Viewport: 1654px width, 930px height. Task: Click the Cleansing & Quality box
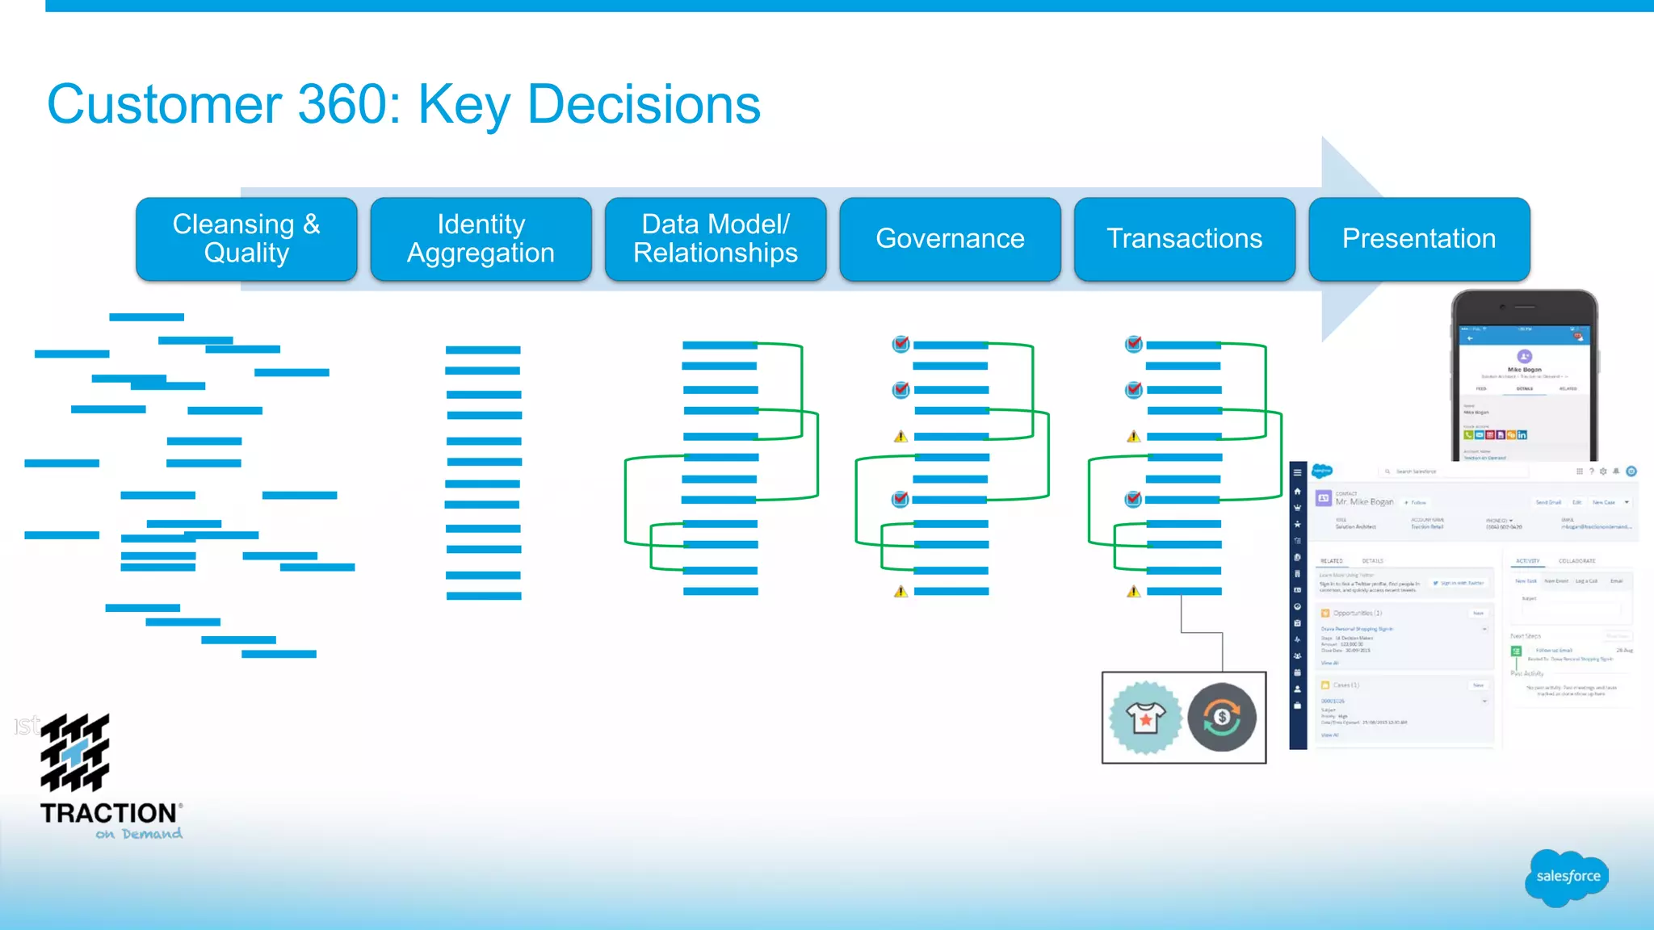coord(246,239)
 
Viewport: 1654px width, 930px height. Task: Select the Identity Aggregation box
coord(481,239)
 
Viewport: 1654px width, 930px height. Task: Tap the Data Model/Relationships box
coord(716,239)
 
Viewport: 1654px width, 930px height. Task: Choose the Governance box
coord(950,239)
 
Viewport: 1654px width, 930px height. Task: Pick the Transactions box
coord(1184,239)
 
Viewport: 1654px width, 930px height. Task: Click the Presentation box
coord(1419,239)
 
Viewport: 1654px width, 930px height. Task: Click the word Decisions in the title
coord(644,105)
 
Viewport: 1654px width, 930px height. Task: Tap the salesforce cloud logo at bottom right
coord(1567,877)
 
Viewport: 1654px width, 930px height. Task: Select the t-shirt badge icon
coord(1145,718)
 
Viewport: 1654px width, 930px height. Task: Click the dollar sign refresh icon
coord(1222,718)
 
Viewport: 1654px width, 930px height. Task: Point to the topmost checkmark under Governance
coord(900,345)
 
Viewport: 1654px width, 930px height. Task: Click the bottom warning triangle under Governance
coord(900,592)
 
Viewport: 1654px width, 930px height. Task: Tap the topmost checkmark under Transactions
coord(1134,345)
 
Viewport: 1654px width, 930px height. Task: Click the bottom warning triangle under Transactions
coord(1134,592)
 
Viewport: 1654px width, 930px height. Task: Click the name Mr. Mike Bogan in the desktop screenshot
coord(1364,502)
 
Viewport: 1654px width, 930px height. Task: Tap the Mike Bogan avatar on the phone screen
coord(1524,356)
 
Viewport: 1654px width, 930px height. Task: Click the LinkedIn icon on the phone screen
coord(1522,435)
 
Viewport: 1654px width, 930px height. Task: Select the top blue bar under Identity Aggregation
coord(483,350)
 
